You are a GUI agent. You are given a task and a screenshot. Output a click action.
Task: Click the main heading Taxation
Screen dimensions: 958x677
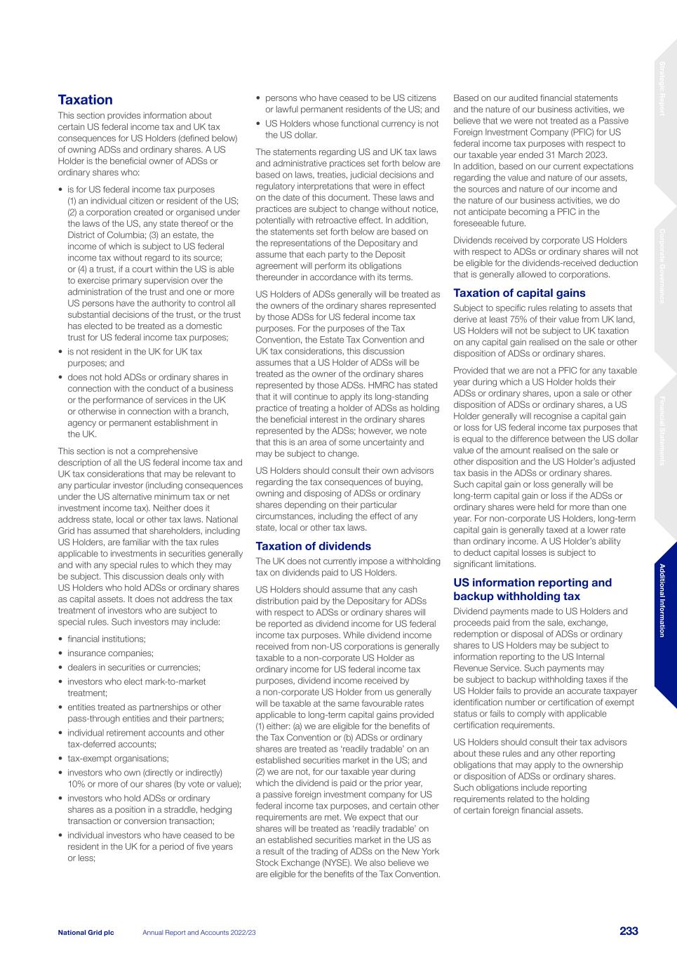click(x=85, y=100)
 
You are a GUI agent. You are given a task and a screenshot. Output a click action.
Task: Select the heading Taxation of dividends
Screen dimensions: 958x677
click(x=313, y=546)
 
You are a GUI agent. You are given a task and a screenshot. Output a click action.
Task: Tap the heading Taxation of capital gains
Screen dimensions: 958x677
click(x=519, y=293)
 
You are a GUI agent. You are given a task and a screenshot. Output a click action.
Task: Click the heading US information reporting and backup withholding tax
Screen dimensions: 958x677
click(x=532, y=590)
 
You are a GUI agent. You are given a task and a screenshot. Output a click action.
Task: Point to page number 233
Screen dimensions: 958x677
click(x=629, y=931)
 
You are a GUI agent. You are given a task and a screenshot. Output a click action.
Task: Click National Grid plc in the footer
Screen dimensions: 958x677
click(x=86, y=932)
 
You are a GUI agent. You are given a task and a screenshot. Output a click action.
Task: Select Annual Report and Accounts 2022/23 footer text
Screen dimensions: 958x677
click(x=199, y=932)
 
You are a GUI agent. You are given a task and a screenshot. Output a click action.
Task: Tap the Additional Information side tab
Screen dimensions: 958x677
click(x=663, y=600)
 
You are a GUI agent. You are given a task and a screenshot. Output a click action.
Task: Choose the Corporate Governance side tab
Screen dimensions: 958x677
click(x=663, y=266)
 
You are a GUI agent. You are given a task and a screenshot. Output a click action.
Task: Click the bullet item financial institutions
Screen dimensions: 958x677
click(x=107, y=639)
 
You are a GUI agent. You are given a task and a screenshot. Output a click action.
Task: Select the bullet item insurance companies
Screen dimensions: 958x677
click(x=110, y=653)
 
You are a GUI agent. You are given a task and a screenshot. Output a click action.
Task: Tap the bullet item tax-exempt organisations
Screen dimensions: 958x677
click(x=118, y=758)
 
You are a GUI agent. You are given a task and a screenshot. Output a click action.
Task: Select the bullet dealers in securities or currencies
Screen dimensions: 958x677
click(x=133, y=667)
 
